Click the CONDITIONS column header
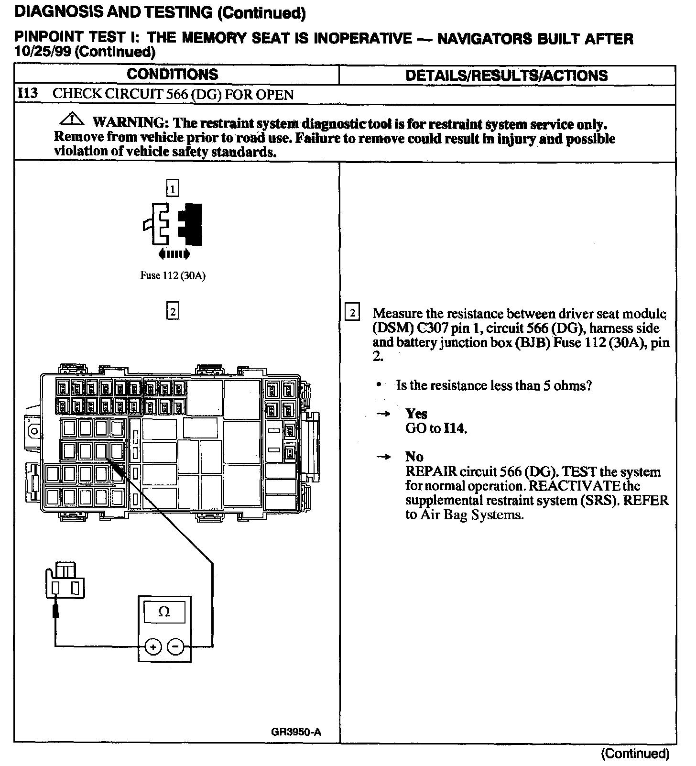[173, 74]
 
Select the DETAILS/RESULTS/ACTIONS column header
[506, 76]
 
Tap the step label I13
[27, 93]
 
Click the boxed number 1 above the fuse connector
[172, 188]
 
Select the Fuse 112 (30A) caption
[173, 276]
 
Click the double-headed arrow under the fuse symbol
[173, 254]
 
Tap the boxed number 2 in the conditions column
[173, 312]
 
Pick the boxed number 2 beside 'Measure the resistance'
[352, 313]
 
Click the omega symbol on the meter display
[164, 612]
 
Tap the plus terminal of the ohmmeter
[153, 647]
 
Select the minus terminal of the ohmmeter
[175, 647]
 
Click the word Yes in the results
[416, 414]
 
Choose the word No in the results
[414, 457]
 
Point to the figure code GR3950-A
[296, 733]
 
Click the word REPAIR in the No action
[431, 471]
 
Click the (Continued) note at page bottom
[635, 754]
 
